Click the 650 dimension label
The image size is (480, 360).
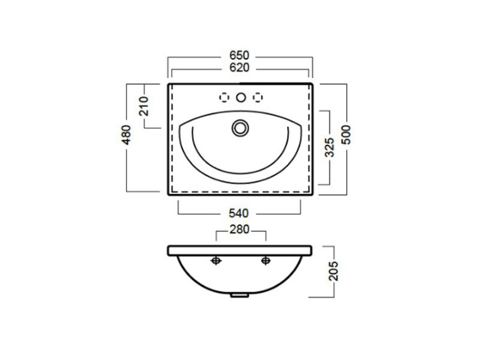click(x=240, y=56)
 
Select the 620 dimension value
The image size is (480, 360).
click(x=240, y=68)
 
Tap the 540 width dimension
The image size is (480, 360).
click(x=240, y=212)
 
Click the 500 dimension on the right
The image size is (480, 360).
click(x=346, y=136)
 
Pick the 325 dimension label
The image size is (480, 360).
click(x=329, y=148)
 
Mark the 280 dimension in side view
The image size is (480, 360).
click(x=240, y=231)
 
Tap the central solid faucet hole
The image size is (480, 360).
click(x=241, y=97)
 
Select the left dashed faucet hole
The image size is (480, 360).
click(x=225, y=97)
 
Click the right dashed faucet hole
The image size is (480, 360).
click(x=257, y=97)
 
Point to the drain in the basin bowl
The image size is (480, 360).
click(x=241, y=127)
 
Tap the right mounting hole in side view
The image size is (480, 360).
click(x=264, y=260)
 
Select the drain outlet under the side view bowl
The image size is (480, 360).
click(x=240, y=295)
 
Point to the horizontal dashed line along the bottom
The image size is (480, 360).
click(x=240, y=191)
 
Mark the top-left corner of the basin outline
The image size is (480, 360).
click(x=168, y=83)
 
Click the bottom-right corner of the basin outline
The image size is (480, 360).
click(x=312, y=194)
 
